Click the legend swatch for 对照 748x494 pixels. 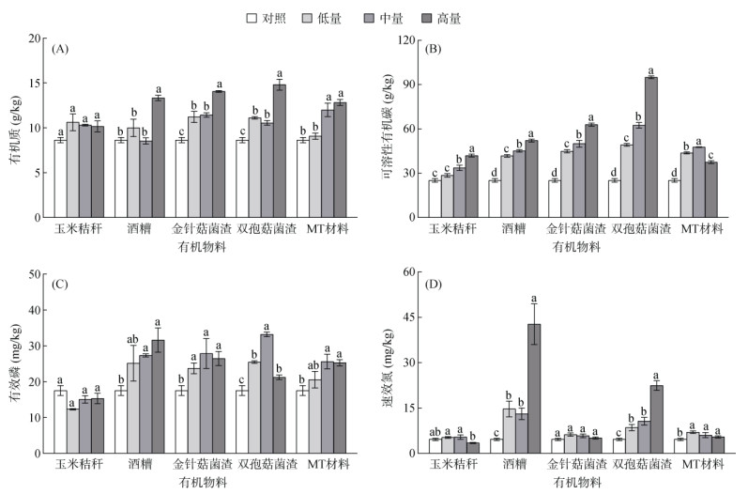point(252,17)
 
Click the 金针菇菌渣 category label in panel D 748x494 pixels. point(577,465)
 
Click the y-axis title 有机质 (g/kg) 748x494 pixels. point(13,127)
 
